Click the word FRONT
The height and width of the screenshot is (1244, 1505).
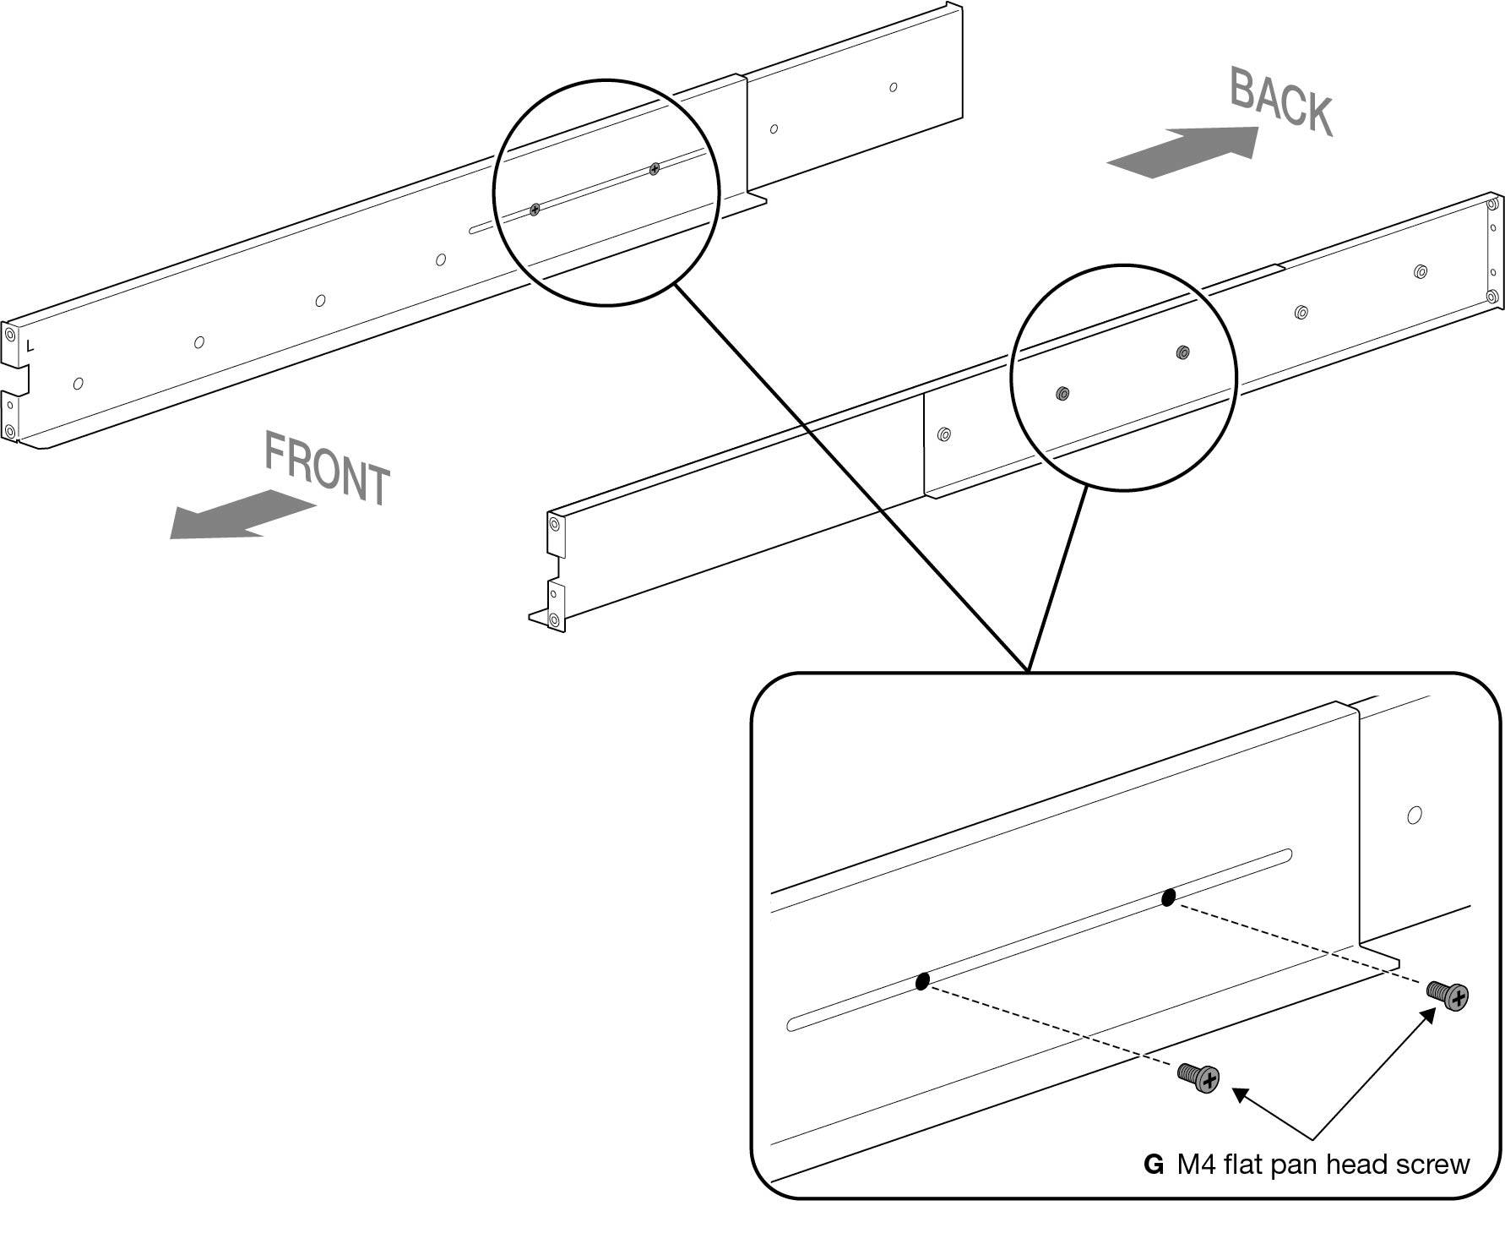coord(328,469)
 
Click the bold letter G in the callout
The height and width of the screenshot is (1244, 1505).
coord(1153,1165)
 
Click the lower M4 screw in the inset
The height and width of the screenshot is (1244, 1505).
coord(1199,1078)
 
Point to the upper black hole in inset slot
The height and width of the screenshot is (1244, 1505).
coord(1168,898)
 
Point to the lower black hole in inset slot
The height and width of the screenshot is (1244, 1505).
coord(922,981)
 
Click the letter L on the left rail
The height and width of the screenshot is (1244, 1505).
coord(30,346)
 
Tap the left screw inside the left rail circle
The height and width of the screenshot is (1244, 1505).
coord(535,210)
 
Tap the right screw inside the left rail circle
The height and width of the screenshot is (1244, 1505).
coord(655,170)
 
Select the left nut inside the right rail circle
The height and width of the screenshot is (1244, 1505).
coord(1062,393)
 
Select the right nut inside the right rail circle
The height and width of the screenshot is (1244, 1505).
coord(1182,352)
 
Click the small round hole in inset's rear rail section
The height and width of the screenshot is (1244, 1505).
coord(1415,816)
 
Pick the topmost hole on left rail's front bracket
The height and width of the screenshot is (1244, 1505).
coord(10,335)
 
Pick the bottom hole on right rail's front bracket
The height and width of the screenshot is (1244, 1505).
coord(554,620)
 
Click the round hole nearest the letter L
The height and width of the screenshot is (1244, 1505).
coord(79,384)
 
